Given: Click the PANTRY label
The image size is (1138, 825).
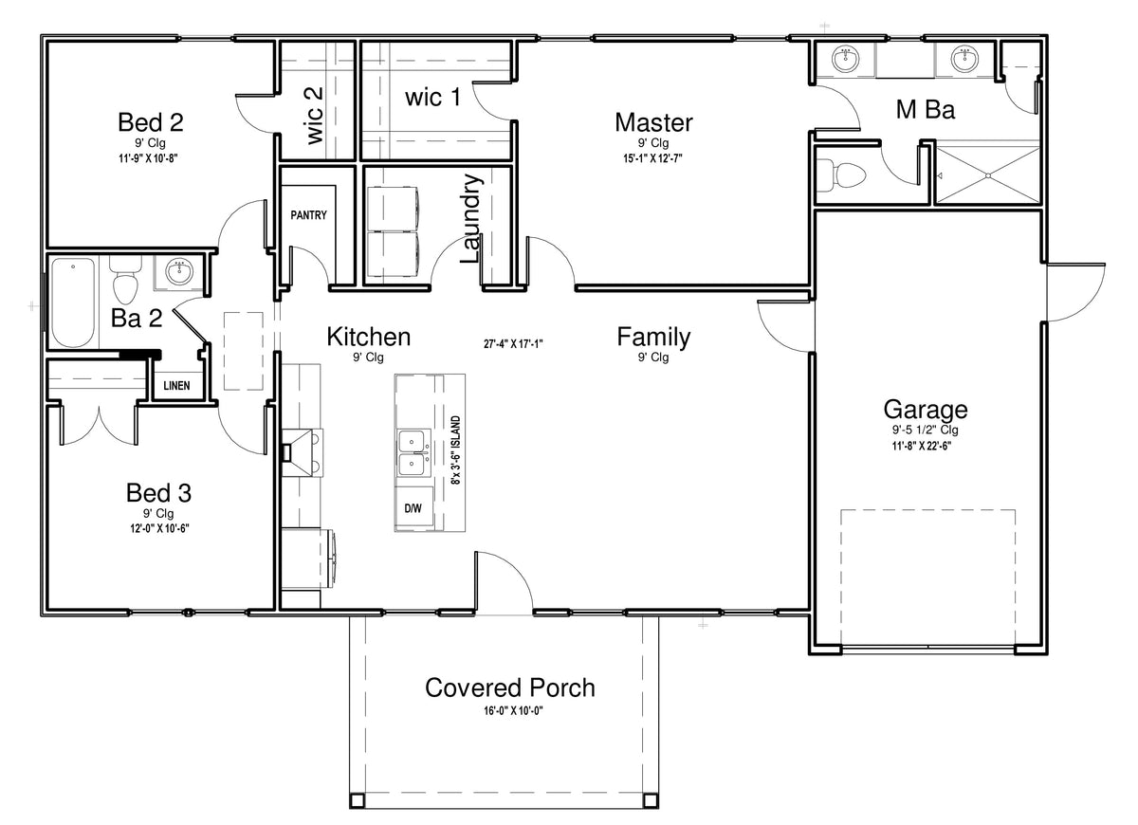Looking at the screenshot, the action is [308, 215].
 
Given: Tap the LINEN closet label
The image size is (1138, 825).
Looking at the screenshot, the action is [176, 386].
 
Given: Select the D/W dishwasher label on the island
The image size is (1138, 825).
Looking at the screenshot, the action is [413, 508].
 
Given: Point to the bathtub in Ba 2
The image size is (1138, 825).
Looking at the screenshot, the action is [74, 302].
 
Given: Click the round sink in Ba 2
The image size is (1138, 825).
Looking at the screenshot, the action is [179, 271].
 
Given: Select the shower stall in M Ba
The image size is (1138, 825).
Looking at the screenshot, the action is [987, 175].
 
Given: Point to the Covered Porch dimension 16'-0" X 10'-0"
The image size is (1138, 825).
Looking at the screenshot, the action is [513, 710].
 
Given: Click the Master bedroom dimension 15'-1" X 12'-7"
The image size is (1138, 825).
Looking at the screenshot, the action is [652, 158].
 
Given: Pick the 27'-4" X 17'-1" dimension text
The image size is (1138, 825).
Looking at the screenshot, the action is [513, 344].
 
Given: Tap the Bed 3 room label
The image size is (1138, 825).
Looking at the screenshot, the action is [158, 493].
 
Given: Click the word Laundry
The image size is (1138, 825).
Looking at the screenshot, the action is [471, 218].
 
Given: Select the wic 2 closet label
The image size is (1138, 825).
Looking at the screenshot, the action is [315, 116].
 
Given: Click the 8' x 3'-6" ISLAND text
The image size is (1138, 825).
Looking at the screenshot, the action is [456, 450].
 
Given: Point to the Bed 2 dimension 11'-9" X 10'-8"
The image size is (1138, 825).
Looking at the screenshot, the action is [148, 158].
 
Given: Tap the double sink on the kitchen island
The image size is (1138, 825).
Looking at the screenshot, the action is [413, 452].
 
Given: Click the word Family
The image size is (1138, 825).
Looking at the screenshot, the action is [653, 338].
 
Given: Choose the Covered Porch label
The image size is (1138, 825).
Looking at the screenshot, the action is [510, 687].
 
